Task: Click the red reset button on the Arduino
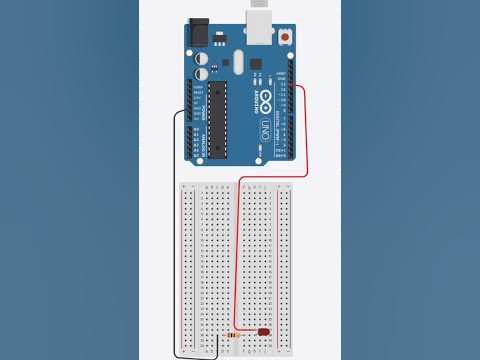287,38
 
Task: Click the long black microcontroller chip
217,121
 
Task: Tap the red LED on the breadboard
264,332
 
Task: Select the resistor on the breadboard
233,335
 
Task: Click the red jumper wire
306,130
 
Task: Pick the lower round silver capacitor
203,73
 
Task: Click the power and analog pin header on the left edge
189,120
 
